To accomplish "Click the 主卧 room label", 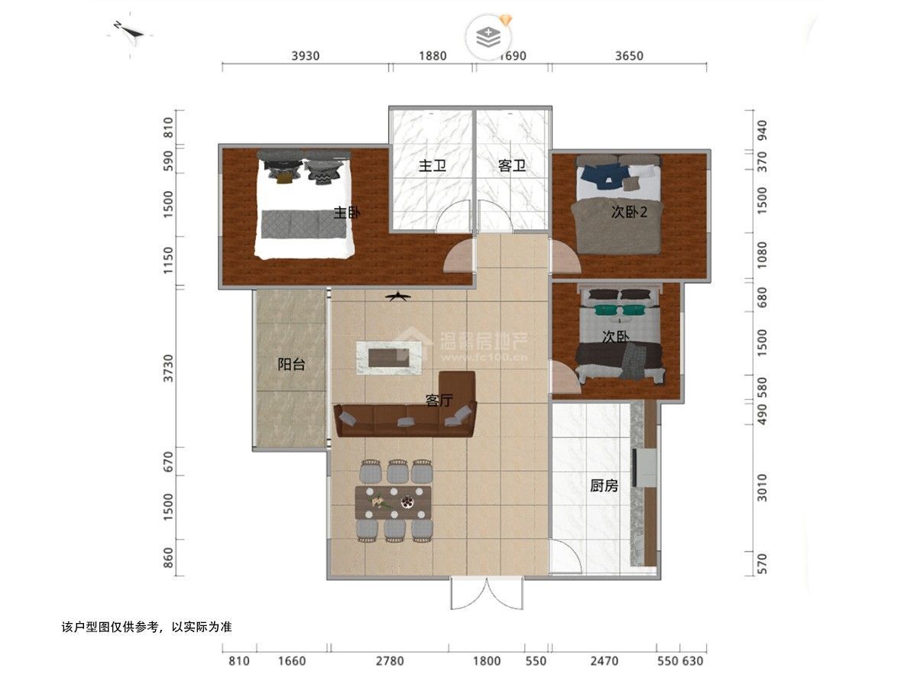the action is point(347,213).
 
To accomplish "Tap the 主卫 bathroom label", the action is point(433,166).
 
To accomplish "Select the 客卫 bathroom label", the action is point(512,166).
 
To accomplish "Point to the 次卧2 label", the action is point(629,213).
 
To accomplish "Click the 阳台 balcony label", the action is point(291,365).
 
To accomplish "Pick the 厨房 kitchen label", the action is point(604,486).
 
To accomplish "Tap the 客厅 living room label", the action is point(439,400).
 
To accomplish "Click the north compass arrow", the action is point(130,31).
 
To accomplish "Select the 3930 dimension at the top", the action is point(306,56).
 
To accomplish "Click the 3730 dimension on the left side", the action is point(168,368).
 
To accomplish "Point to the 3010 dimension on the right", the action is point(763,488).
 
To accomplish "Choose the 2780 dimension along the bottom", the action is point(390,660).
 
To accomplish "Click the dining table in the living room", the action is point(393,502).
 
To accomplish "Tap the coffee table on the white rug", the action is point(389,358).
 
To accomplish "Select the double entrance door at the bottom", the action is point(487,593).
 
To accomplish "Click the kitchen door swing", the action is point(565,556).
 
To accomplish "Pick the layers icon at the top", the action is point(488,37).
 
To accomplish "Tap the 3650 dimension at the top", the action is point(629,56).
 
